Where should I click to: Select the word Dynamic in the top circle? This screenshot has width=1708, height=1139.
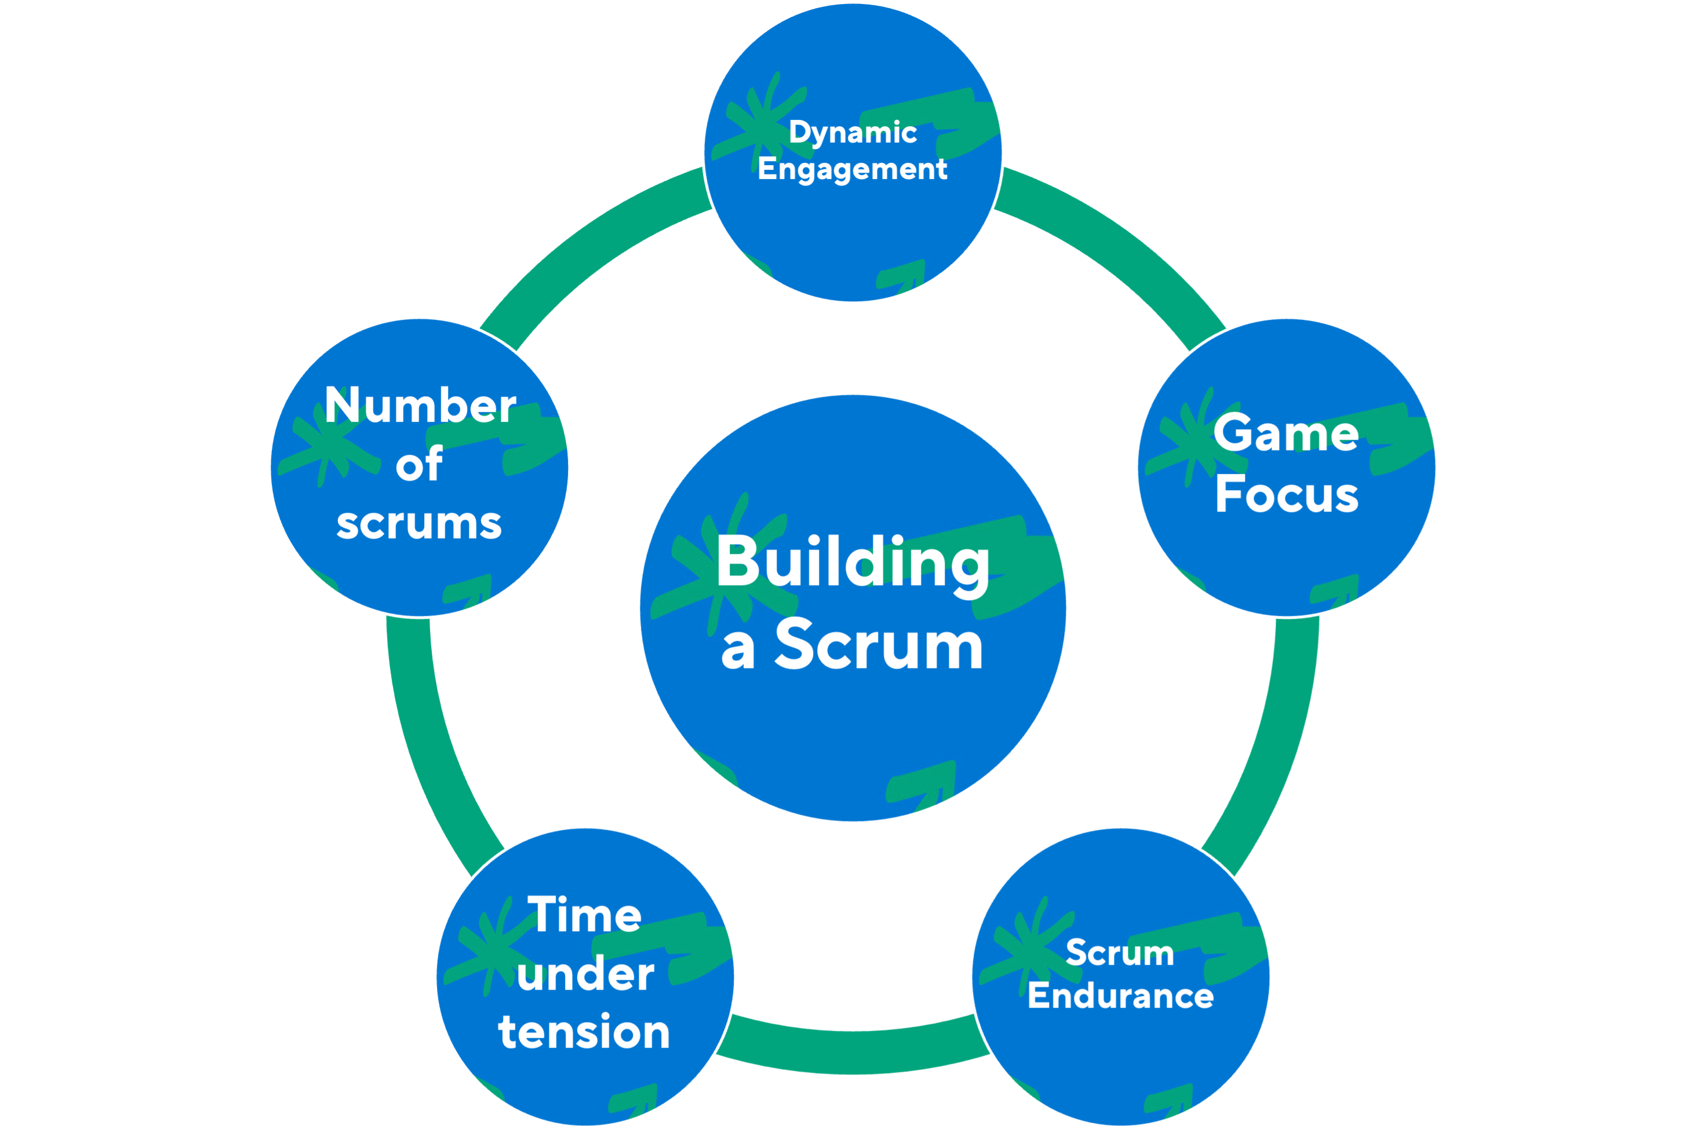click(853, 132)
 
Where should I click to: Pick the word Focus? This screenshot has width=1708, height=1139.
click(1286, 495)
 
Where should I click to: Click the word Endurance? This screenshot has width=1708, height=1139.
click(1120, 995)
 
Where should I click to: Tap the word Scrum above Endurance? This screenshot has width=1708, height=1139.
click(1120, 952)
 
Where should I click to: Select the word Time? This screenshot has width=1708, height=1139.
click(585, 915)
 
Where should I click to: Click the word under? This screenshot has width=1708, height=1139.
click(585, 974)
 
